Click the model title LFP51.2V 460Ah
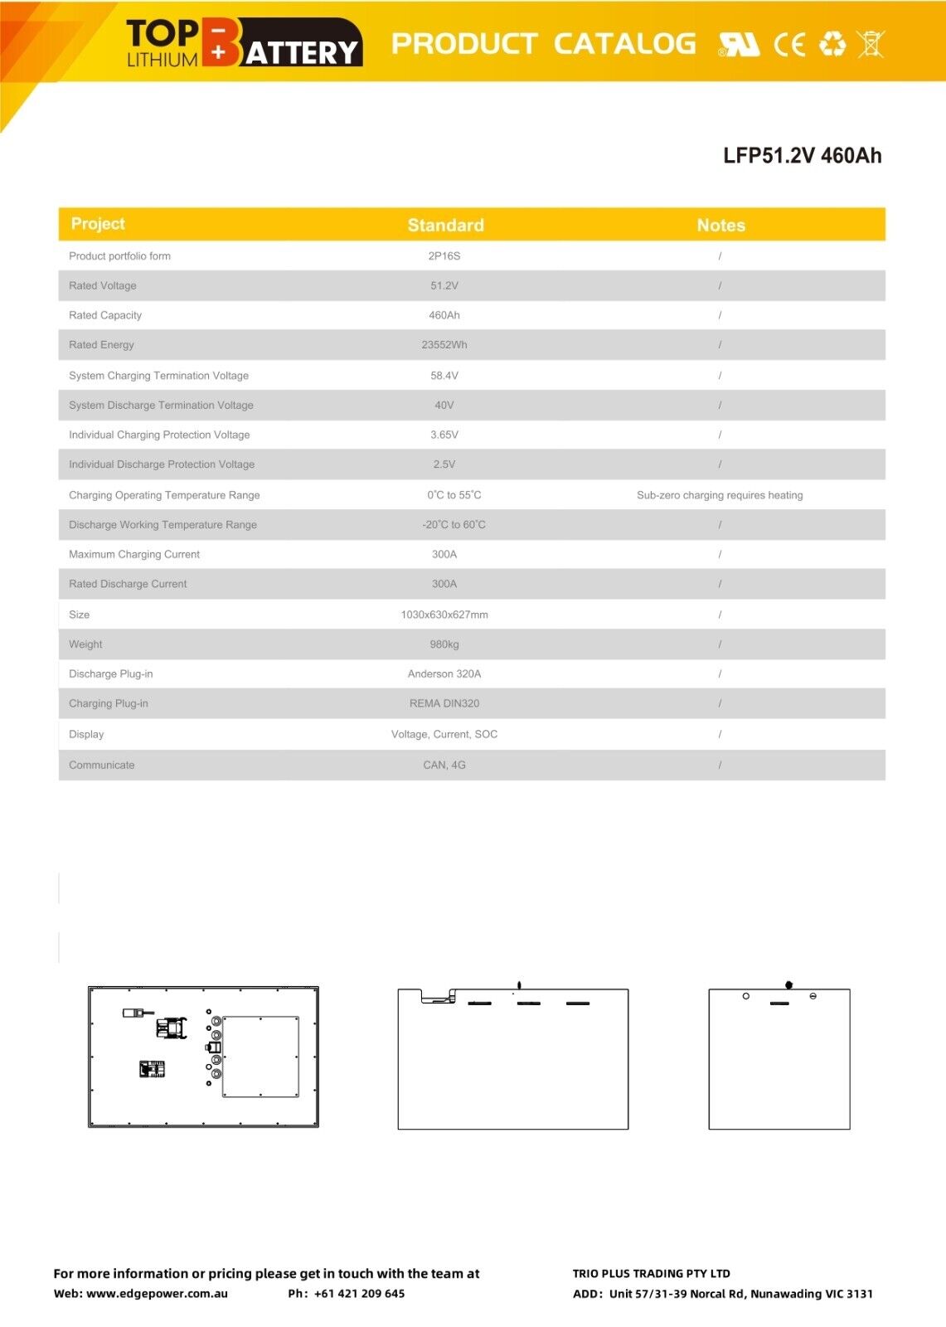coord(802,156)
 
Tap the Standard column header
coord(445,226)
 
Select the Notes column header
coord(720,226)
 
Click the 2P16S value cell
coord(444,256)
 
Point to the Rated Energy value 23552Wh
coord(444,345)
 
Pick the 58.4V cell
coord(444,376)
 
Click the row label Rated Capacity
coord(105,315)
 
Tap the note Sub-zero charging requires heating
coord(720,495)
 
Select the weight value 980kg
coord(444,644)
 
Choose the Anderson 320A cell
coord(444,674)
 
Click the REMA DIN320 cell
coord(444,703)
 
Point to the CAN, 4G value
coord(444,765)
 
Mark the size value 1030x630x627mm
coord(444,615)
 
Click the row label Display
coord(86,734)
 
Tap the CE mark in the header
coord(789,44)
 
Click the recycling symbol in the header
coord(832,44)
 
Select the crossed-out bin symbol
coord(871,43)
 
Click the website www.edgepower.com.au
coord(157,1294)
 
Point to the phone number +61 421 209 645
coord(359,1294)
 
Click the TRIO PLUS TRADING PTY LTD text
coord(651,1274)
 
